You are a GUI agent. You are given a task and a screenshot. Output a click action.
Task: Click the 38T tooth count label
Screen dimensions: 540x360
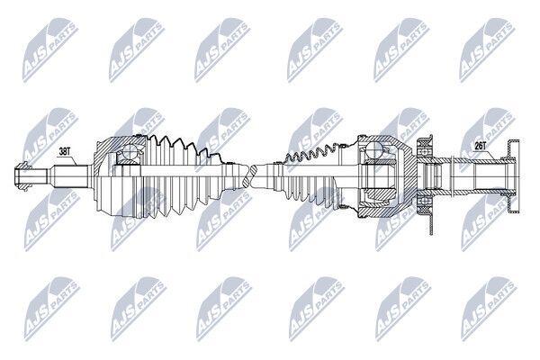coord(66,151)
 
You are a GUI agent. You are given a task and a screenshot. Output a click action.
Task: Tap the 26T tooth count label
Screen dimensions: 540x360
coord(480,146)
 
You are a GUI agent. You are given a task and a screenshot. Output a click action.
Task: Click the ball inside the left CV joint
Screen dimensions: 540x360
coord(130,152)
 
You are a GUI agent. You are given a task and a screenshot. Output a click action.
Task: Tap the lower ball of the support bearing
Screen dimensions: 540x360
coord(424,201)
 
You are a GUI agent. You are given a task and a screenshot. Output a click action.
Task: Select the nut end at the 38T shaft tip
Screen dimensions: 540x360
coord(22,175)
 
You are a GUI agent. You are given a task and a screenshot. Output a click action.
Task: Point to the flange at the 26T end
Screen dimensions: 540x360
coord(514,175)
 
